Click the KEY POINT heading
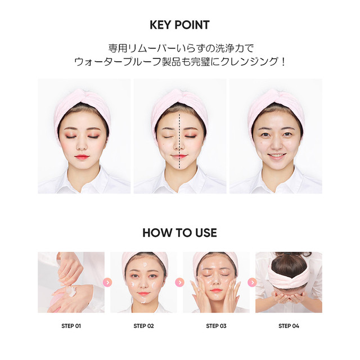(x=179, y=25)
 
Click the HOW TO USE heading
(x=179, y=233)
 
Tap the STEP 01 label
(x=71, y=326)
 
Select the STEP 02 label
(x=143, y=326)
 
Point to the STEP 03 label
(x=216, y=326)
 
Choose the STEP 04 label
(x=289, y=326)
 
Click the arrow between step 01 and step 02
(x=107, y=282)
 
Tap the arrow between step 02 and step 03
(x=180, y=282)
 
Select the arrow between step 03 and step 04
(x=253, y=282)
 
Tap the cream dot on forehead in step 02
(x=144, y=266)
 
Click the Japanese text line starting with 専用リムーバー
(x=179, y=48)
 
